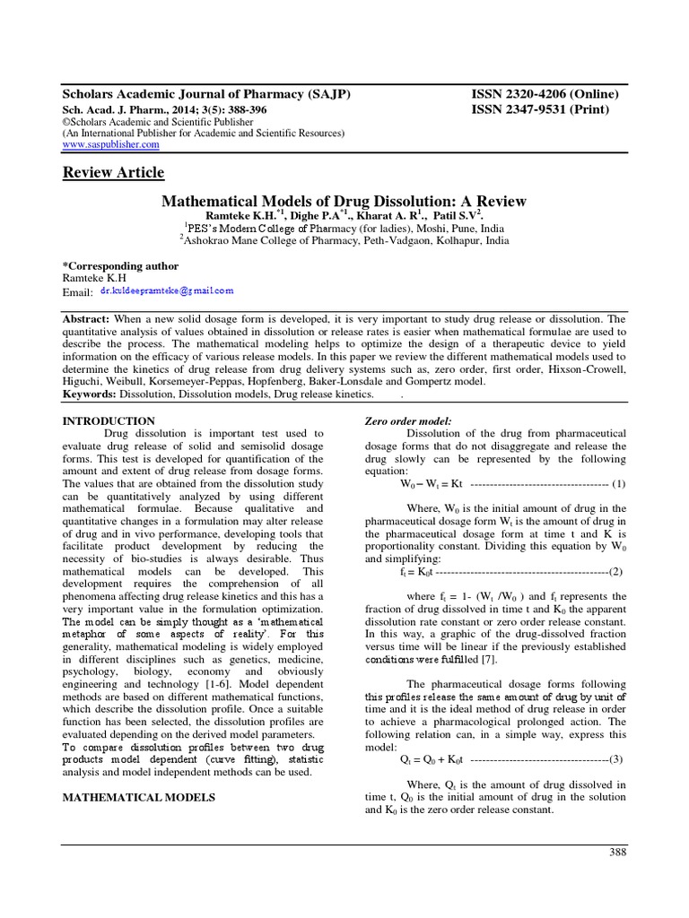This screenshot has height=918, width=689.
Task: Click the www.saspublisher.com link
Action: [110, 144]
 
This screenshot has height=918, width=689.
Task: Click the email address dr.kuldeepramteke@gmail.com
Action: [166, 291]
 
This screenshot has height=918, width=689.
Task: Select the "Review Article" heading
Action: [113, 172]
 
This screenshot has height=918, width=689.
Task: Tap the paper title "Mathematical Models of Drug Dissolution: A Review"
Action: [344, 201]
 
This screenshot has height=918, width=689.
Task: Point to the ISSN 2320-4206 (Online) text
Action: [545, 94]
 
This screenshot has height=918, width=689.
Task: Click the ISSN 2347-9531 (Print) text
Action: [539, 109]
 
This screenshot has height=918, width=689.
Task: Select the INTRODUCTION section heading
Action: [108, 420]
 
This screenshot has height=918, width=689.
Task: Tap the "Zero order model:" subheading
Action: [407, 421]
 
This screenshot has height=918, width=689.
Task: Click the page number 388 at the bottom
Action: [618, 852]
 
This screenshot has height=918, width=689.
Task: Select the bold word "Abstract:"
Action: [87, 319]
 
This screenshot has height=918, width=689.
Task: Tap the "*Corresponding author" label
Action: [120, 266]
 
